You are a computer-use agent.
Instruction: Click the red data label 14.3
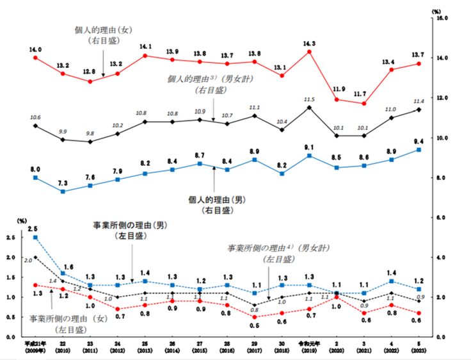[310, 43]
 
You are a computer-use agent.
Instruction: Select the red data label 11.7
[364, 94]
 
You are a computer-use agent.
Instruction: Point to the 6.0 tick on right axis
[441, 218]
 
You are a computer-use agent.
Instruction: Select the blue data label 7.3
[63, 183]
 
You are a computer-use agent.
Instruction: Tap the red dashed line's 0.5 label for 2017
[255, 325]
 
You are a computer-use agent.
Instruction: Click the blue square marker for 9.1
[310, 156]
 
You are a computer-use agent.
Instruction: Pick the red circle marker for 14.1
[145, 56]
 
